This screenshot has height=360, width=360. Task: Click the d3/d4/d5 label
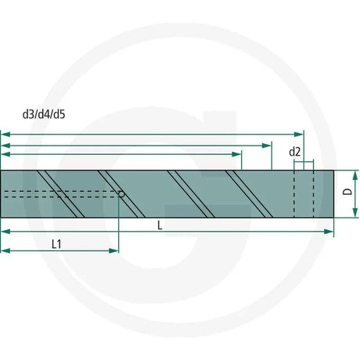click(44, 114)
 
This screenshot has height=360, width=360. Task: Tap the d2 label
click(294, 152)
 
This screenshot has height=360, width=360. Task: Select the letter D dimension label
click(347, 192)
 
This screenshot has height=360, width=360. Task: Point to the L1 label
click(56, 244)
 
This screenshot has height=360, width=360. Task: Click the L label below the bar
click(160, 225)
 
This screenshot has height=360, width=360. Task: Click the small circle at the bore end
click(121, 194)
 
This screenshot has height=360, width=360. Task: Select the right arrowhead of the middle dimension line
click(266, 146)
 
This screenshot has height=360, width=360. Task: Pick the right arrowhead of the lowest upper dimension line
click(236, 154)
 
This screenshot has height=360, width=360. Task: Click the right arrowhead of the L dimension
click(329, 232)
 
